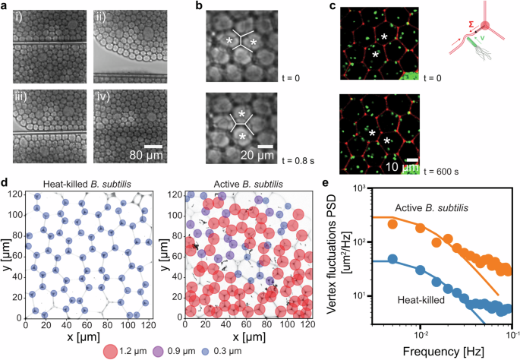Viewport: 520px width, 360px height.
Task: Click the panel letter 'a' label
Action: (6, 6)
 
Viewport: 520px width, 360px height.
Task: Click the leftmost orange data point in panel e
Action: (392, 223)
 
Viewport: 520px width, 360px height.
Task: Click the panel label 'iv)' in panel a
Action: (102, 97)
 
